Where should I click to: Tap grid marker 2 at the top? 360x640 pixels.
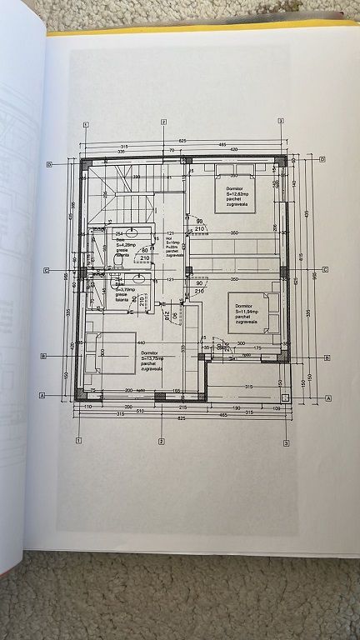164,122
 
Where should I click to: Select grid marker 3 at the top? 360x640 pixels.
282,122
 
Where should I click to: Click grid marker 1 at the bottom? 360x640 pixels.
78,439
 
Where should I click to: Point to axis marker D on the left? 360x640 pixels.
50,165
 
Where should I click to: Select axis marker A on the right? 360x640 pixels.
329,397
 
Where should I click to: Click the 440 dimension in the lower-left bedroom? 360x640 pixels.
141,344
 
